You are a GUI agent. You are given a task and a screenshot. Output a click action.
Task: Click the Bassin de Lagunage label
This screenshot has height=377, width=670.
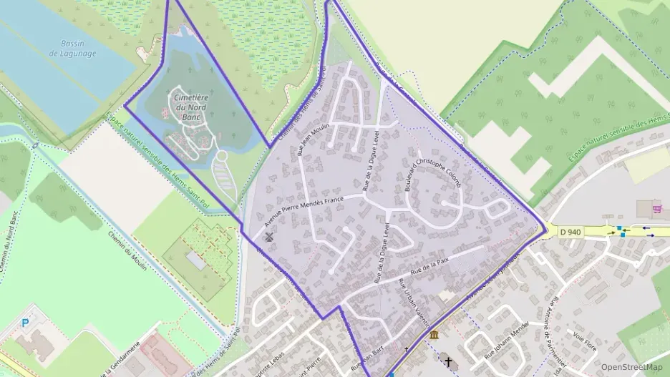[73, 48]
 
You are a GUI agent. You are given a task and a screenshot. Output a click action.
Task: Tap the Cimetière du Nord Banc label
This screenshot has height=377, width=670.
[190, 107]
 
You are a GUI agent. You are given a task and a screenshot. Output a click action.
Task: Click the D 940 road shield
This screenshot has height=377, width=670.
[571, 231]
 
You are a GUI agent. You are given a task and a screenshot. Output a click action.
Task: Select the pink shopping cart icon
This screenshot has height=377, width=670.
[657, 208]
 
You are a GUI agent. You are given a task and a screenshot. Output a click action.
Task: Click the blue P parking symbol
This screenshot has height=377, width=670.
[26, 323]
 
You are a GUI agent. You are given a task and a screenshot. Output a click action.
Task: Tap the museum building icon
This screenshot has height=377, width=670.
[434, 334]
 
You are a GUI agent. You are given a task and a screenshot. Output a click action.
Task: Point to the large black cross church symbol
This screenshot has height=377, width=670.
[449, 362]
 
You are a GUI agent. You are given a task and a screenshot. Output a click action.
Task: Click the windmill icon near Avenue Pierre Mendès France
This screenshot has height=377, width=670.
[269, 237]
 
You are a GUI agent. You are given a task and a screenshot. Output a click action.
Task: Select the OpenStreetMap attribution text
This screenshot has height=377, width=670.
[631, 367]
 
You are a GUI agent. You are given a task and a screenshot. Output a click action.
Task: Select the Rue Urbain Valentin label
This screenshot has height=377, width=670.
[413, 300]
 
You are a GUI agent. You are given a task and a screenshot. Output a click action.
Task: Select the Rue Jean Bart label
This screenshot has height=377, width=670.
[370, 361]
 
